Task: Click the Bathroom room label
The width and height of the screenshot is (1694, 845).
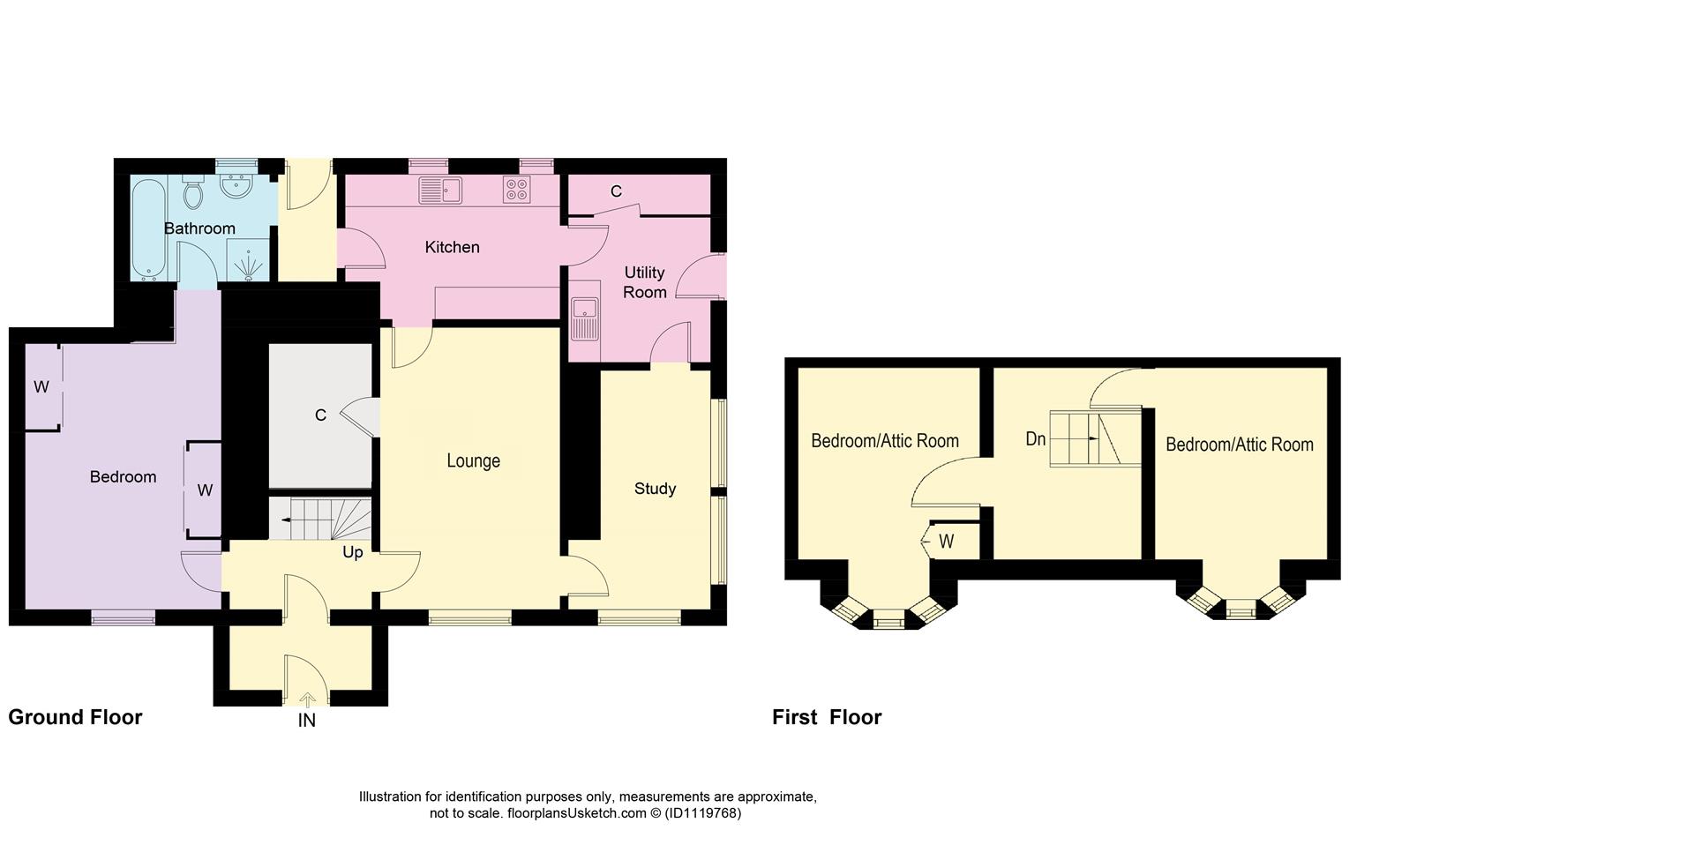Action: (199, 228)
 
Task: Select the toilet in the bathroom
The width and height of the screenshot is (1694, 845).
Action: (192, 191)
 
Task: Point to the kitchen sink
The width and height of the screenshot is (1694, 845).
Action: (440, 190)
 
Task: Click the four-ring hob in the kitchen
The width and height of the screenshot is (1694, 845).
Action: (516, 189)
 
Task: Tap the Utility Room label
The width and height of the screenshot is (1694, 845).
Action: (644, 282)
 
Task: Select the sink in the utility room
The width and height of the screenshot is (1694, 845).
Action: (584, 318)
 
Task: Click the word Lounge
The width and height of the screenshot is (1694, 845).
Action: (473, 460)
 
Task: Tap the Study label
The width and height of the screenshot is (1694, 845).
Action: (655, 489)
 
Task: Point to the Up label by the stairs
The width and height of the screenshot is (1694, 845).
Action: (352, 553)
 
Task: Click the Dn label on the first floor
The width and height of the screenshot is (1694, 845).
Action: (1036, 438)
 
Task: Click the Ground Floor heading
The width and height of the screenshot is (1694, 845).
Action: (75, 717)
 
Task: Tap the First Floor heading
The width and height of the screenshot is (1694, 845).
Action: (827, 717)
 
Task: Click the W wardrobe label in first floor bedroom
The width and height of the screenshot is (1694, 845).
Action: (946, 542)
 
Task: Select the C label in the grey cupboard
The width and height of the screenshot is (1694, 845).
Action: (320, 415)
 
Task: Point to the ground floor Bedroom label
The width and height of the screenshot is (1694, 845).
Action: (123, 477)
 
